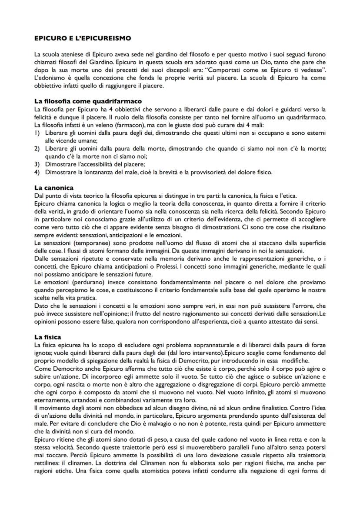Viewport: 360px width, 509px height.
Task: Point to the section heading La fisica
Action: [48, 337]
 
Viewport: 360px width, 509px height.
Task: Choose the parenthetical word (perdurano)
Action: [83, 282]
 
